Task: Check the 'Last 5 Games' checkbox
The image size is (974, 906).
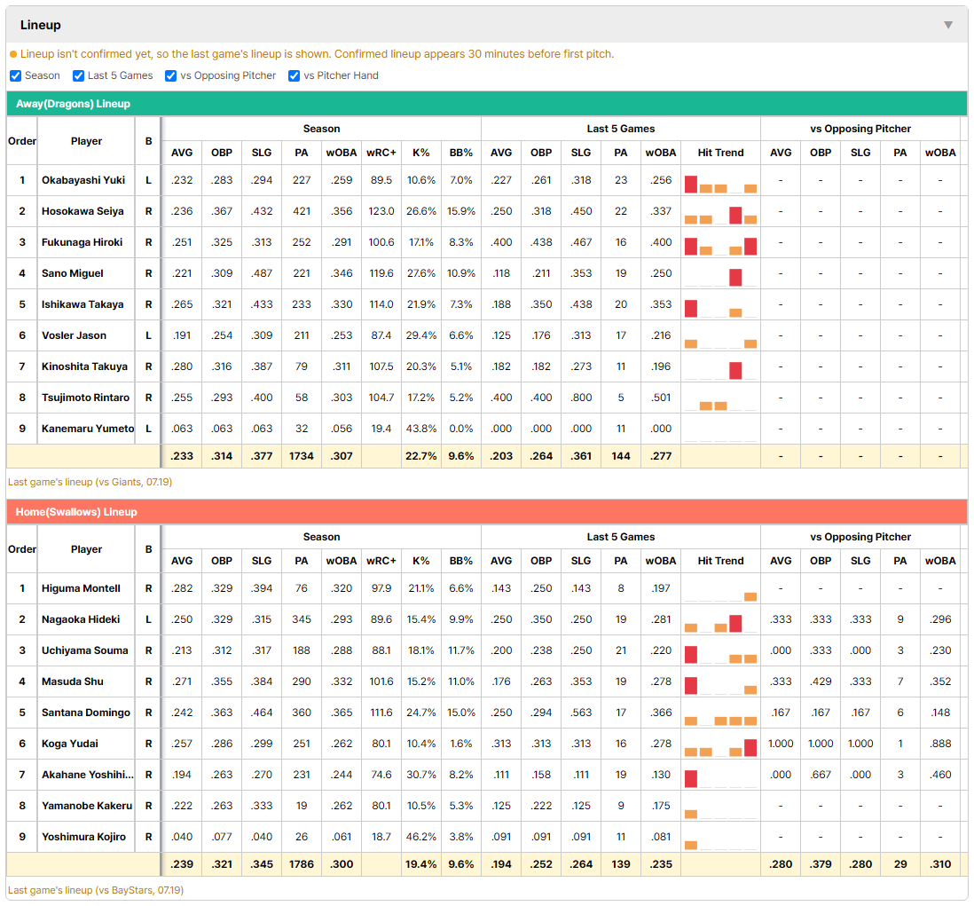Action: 78,75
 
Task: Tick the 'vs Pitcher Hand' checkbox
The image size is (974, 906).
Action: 294,75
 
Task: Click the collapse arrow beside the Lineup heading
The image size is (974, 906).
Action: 948,25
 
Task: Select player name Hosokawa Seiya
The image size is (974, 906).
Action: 82,211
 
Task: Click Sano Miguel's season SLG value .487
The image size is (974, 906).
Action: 262,273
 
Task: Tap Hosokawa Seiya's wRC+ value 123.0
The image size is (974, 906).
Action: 381,211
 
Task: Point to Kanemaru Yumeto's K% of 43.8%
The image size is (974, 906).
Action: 421,429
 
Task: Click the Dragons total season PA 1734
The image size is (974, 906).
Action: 302,456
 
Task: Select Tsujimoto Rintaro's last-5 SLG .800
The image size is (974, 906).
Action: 581,398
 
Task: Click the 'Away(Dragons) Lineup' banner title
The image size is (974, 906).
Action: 74,104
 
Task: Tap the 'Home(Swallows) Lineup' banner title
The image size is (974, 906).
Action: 76,512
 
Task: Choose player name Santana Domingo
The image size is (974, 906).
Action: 86,713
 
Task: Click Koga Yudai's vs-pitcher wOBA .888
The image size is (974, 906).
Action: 940,744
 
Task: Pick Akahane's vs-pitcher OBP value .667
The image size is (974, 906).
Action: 821,775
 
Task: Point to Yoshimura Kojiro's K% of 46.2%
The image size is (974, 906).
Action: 421,837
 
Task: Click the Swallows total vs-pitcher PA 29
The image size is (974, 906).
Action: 900,864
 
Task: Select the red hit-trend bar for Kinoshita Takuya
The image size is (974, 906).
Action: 735,370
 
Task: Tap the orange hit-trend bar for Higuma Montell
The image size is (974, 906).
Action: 750,597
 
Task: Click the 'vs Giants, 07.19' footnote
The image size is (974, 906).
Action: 134,482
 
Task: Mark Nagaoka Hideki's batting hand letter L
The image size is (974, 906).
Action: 148,619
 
